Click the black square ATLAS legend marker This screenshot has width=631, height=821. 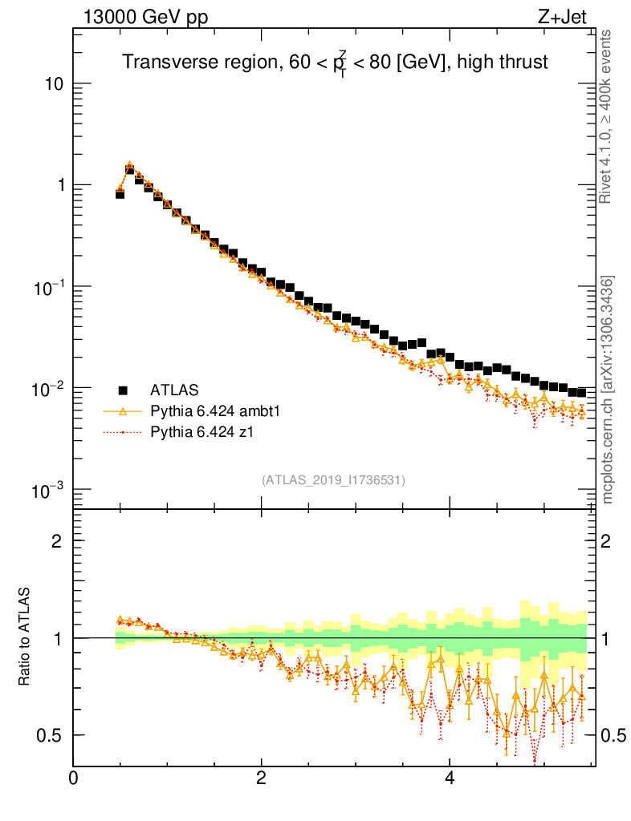click(124, 390)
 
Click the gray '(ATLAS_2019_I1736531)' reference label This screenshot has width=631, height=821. click(333, 480)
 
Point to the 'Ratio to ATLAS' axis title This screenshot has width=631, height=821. click(25, 638)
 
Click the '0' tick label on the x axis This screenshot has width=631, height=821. click(73, 779)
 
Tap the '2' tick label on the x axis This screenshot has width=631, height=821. click(261, 779)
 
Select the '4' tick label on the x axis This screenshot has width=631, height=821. click(449, 779)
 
